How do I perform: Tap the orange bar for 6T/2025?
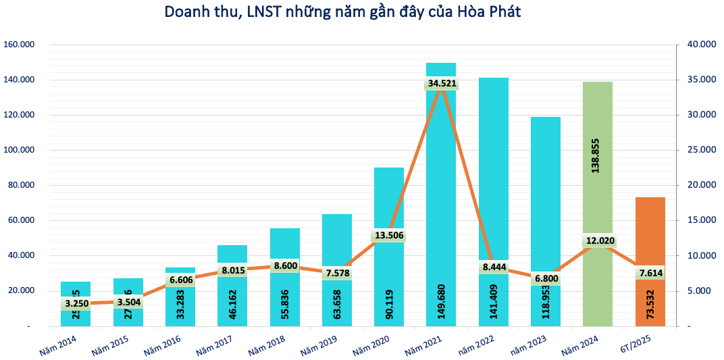(650, 230)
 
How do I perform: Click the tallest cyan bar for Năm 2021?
(441, 169)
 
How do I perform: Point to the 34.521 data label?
(442, 84)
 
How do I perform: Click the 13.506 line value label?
(389, 235)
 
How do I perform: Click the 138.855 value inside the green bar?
(596, 167)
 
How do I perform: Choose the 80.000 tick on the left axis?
(21, 185)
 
